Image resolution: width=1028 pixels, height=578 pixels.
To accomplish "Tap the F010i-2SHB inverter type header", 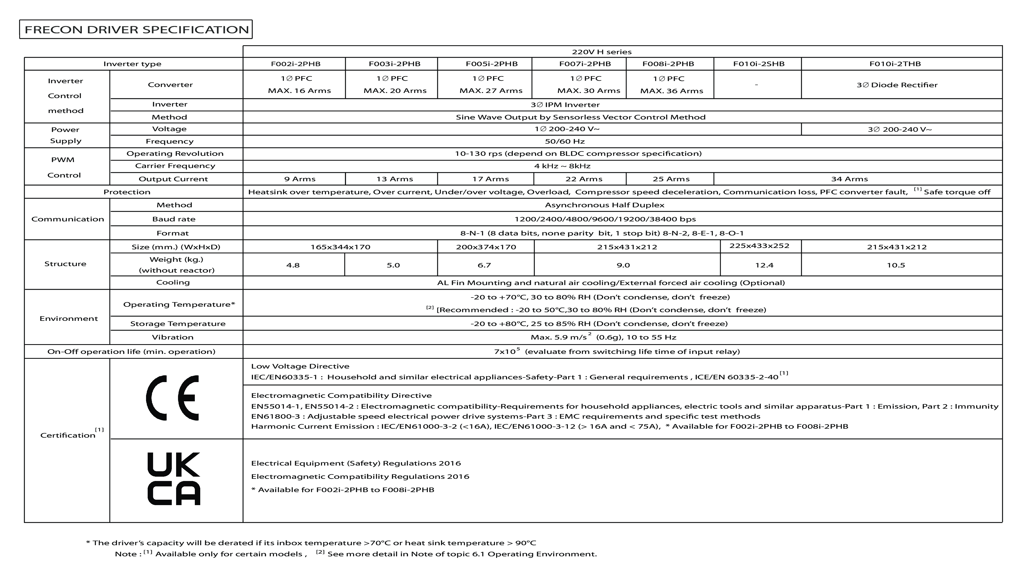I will pos(758,64).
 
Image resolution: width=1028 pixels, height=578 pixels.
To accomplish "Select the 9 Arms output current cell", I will pos(299,179).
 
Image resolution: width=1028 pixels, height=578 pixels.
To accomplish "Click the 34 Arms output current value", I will pos(849,179).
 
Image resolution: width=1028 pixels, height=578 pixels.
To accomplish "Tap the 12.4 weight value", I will pos(764,265).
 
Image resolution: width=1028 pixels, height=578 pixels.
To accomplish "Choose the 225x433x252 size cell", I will pos(759,246).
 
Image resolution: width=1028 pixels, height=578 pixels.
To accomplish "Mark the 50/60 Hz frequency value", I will pos(564,141).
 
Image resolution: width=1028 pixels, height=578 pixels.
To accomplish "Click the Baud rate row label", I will pos(174,219).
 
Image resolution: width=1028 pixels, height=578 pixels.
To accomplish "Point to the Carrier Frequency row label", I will pos(175,166).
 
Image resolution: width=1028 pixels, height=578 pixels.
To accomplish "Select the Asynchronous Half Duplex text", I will pos(604,205).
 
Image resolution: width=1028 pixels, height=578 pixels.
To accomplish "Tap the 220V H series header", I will pos(602,52).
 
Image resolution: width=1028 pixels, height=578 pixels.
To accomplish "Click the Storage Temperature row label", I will pos(177,324).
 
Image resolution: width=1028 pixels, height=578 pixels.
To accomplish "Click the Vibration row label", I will pos(172,337).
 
